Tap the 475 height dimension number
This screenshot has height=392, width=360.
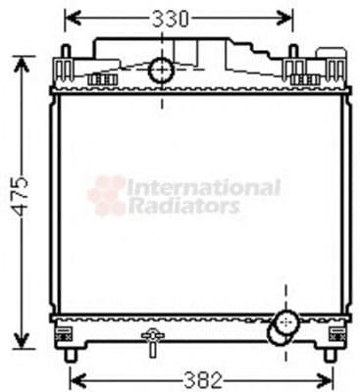pos(21,201)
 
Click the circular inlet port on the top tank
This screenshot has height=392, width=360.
pos(161,70)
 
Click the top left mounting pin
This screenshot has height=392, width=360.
pos(65,51)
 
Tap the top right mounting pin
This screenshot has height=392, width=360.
pos(293,51)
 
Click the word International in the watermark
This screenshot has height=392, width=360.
pos(204,186)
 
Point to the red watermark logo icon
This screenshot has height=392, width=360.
pos(108,194)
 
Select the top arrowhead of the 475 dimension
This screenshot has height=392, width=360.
pos(21,62)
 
